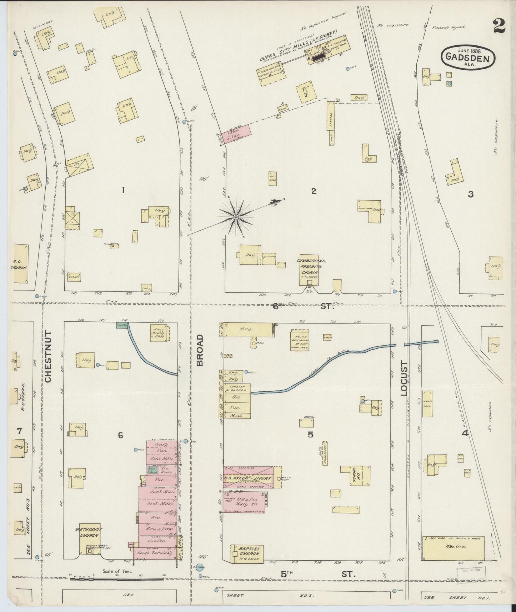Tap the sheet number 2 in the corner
coord(499,26)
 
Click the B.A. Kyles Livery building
coord(249,478)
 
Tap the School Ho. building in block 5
coord(355,475)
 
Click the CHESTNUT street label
coord(49,357)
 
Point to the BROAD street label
coord(200,350)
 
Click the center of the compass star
coord(236,217)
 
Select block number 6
coord(121,435)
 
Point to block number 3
coord(471,194)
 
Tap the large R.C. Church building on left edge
coord(21,264)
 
